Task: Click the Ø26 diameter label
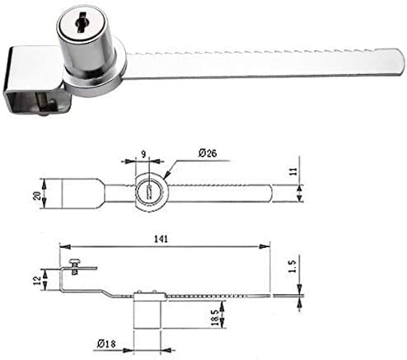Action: pos(208,153)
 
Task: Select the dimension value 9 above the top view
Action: pos(144,154)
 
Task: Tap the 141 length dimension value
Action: pos(161,239)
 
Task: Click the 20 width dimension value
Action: pos(37,195)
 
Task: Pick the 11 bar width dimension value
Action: pos(293,171)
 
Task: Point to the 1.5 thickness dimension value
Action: pos(292,266)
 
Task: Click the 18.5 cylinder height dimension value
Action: pos(216,318)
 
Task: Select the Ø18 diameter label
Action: pos(106,344)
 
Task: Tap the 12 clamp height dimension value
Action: pos(37,280)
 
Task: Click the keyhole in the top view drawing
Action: pos(150,191)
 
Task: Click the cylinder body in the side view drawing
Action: pos(147,311)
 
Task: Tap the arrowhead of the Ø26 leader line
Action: pos(166,175)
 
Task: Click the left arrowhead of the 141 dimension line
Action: pos(64,247)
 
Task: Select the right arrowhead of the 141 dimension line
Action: pos(265,247)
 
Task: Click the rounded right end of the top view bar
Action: pos(270,194)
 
